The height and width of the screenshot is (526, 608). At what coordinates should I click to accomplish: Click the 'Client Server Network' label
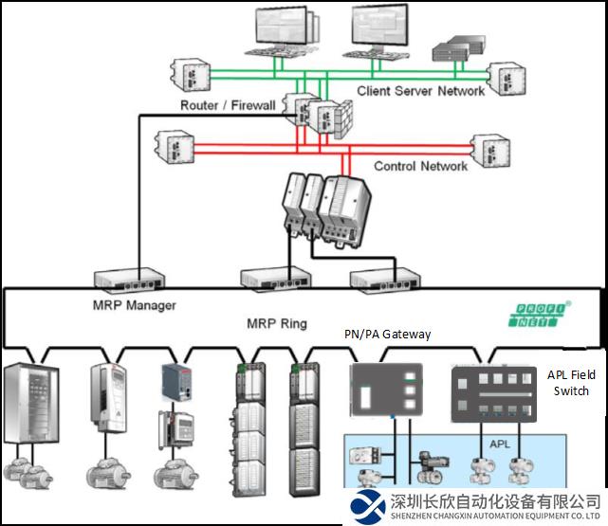421,91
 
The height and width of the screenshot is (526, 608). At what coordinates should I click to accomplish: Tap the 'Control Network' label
420,166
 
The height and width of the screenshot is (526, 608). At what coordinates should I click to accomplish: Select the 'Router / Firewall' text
228,105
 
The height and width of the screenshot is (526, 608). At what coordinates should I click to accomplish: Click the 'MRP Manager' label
135,305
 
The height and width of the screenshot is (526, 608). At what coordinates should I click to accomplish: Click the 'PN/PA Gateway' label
387,334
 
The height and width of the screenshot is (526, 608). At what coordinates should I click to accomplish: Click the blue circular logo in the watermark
368,506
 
